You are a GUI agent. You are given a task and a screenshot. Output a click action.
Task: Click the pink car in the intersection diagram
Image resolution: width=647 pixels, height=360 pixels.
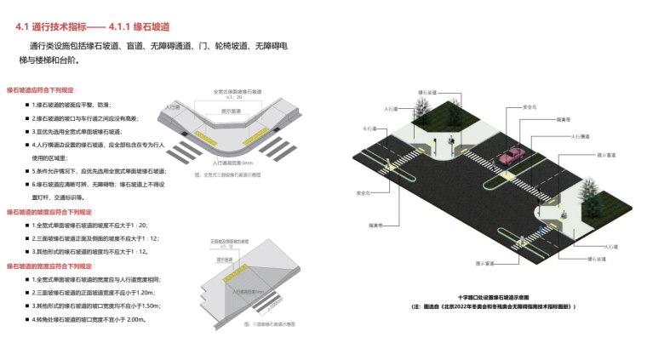[x=511, y=156]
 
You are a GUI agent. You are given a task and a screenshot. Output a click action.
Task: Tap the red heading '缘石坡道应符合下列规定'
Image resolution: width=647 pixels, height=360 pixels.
[x=41, y=89]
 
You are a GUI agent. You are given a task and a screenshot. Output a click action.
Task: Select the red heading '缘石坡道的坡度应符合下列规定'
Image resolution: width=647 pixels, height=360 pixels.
[x=50, y=211]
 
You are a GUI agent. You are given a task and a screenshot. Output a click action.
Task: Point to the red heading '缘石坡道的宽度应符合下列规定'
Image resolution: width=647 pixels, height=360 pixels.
[x=50, y=266]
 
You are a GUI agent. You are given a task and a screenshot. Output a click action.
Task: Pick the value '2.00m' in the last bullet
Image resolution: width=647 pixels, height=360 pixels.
[x=135, y=320]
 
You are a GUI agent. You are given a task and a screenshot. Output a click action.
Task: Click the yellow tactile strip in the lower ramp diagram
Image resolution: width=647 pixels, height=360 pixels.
[x=234, y=277]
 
